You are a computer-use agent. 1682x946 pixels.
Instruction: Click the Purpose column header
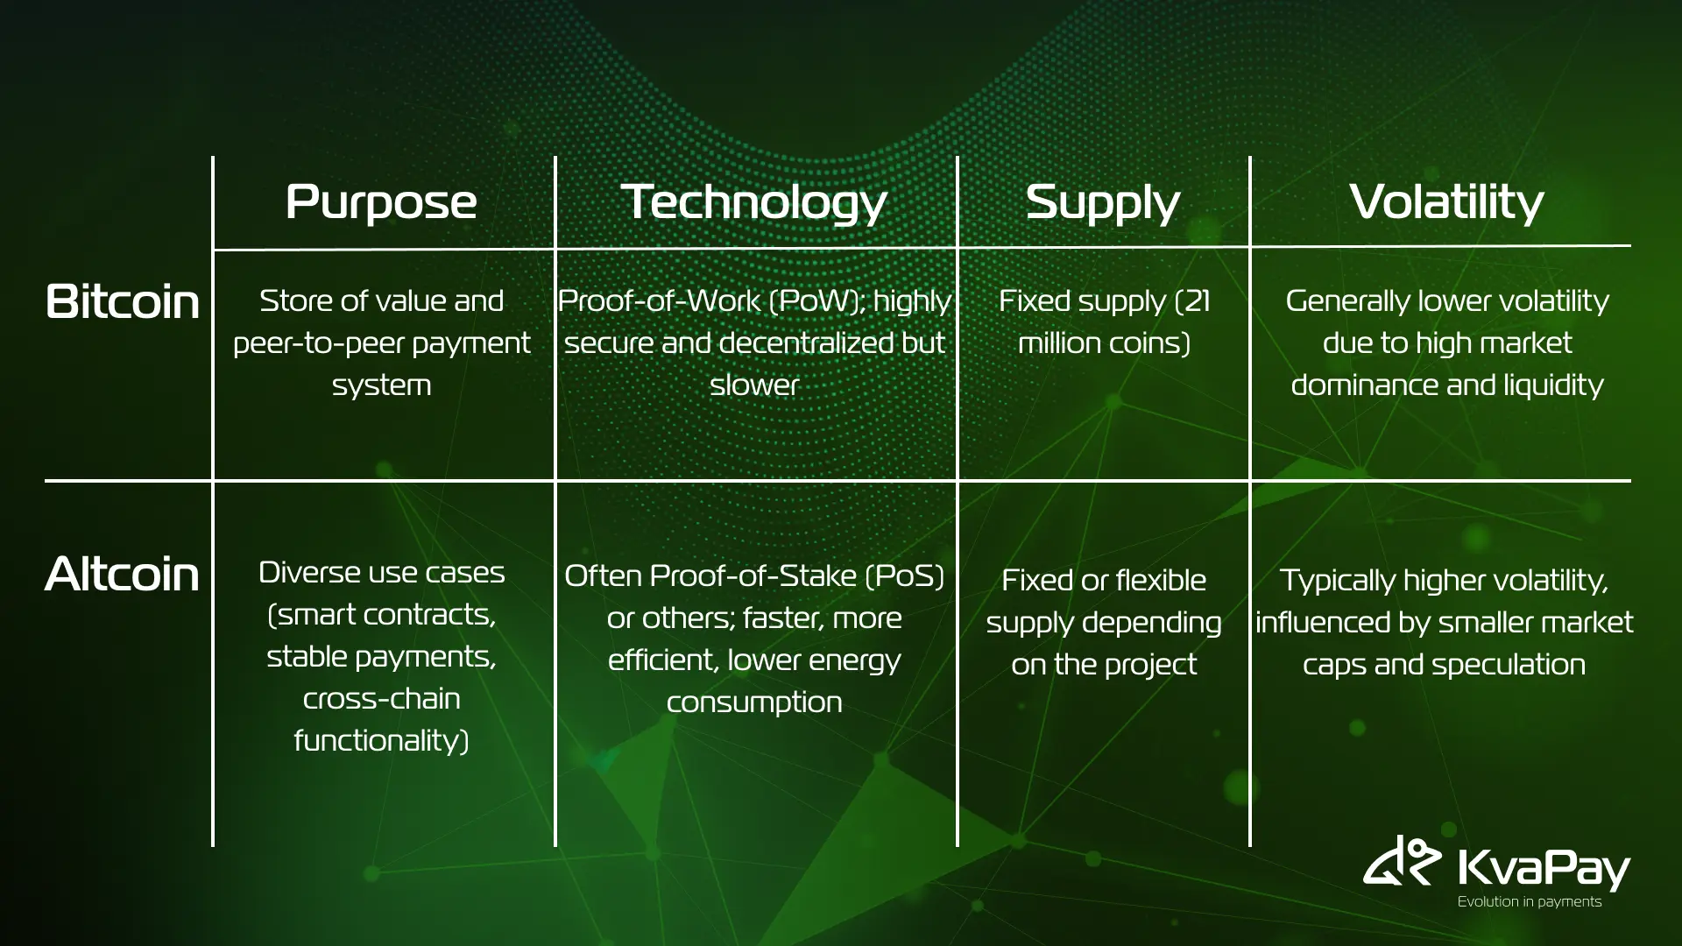381,203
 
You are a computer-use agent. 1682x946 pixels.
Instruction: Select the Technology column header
754,203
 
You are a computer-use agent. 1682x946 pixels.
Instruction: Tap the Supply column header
1103,203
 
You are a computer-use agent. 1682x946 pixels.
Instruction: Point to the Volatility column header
1446,203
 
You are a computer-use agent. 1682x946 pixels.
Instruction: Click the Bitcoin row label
123,301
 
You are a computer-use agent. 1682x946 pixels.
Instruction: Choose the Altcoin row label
122,574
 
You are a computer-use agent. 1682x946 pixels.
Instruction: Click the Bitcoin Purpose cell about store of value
381,342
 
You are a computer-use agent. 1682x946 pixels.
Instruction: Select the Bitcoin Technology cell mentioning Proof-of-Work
754,342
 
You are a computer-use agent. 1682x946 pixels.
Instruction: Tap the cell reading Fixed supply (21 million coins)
1104,321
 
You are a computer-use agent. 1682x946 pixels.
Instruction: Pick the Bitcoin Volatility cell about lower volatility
1447,342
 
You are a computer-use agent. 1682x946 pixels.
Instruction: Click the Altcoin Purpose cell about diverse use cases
381,656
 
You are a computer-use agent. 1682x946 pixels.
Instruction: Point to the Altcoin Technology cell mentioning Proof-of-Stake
754,639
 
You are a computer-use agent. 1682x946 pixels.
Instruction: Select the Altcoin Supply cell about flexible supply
1104,622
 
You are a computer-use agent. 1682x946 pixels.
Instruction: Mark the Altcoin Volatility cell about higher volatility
1444,622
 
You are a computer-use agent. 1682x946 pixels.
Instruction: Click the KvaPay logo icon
1402,861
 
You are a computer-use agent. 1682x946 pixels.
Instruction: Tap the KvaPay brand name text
1544,869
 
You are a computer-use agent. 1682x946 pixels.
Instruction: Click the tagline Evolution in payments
1530,901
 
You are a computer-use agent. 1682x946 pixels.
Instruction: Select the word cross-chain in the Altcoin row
381,699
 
